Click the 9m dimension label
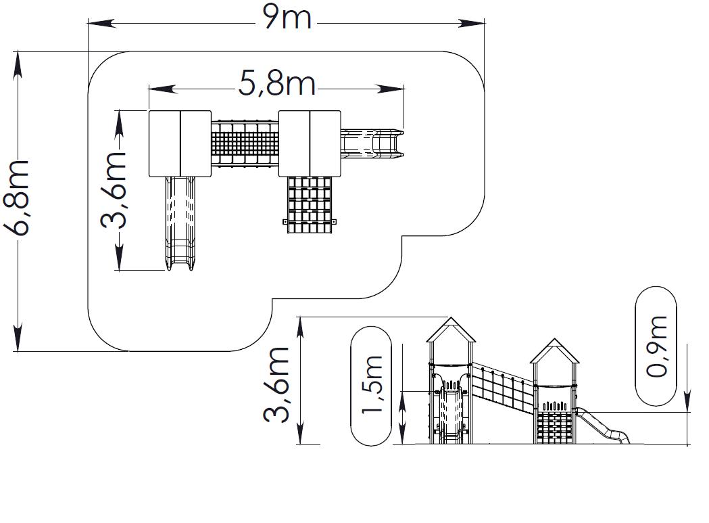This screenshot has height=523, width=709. pyautogui.click(x=288, y=17)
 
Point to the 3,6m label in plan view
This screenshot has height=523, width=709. pyautogui.click(x=114, y=190)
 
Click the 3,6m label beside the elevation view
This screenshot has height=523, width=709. pyautogui.click(x=276, y=385)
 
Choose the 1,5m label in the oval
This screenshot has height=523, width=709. pyautogui.click(x=372, y=384)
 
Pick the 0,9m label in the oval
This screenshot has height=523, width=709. pyautogui.click(x=656, y=346)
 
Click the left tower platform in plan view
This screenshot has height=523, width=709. pyautogui.click(x=180, y=143)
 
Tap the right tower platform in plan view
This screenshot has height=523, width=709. pyautogui.click(x=310, y=143)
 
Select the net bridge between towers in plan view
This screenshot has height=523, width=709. pyautogui.click(x=245, y=143)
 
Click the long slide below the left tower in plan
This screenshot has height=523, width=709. pyautogui.click(x=180, y=223)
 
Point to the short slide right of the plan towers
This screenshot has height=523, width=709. pyautogui.click(x=372, y=143)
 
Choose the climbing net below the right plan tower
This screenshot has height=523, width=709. pyautogui.click(x=310, y=205)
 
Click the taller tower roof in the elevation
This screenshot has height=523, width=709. pyautogui.click(x=451, y=329)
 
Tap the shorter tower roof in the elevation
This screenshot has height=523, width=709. pyautogui.click(x=554, y=350)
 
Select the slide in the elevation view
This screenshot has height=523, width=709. pyautogui.click(x=602, y=424)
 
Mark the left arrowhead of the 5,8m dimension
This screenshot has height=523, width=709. pyautogui.click(x=163, y=89)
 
